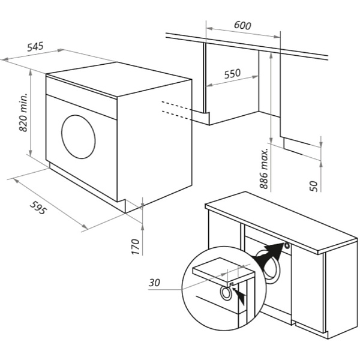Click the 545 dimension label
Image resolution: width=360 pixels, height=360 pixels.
pyautogui.click(x=35, y=46)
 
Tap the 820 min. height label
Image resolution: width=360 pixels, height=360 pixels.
pyautogui.click(x=23, y=113)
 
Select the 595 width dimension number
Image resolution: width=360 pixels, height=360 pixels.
pyautogui.click(x=38, y=208)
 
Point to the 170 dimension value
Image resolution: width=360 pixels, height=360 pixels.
pyautogui.click(x=136, y=247)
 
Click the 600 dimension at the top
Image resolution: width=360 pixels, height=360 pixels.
pyautogui.click(x=242, y=25)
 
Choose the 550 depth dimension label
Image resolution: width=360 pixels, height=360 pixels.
pyautogui.click(x=233, y=73)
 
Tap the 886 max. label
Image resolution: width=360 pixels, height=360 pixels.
pyautogui.click(x=264, y=169)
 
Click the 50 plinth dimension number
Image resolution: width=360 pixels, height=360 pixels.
pyautogui.click(x=314, y=186)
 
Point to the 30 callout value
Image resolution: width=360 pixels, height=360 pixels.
pyautogui.click(x=154, y=283)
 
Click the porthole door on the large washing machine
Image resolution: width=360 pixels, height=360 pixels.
pyautogui.click(x=78, y=137)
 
